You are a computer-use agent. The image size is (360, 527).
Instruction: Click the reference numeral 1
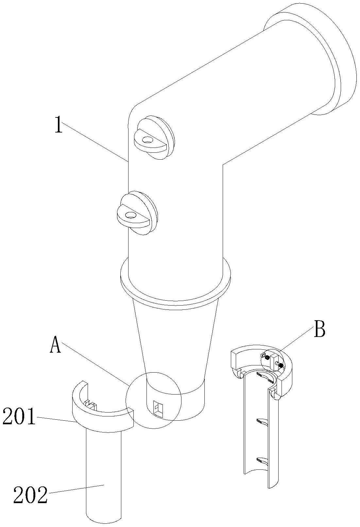point(58,126)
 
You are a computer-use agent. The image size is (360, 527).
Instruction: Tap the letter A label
point(55,345)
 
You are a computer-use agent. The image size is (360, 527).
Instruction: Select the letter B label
point(319,331)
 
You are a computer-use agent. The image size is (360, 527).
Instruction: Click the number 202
point(30,495)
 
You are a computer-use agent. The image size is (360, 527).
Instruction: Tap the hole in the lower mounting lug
point(131,215)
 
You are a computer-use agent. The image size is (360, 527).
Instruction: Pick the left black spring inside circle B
point(267,358)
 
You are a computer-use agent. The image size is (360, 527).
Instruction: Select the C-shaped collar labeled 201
point(101,420)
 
